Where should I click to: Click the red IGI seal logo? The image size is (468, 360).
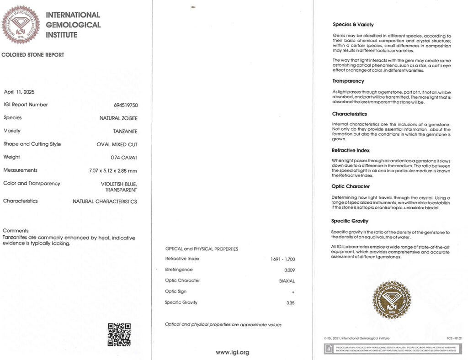click(21, 25)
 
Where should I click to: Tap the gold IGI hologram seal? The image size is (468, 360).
click(392, 299)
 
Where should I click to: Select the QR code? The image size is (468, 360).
click(119, 334)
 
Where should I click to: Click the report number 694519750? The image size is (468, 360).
click(125, 105)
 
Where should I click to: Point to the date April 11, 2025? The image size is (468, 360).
click(19, 92)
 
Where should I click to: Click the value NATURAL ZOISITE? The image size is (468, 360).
click(118, 118)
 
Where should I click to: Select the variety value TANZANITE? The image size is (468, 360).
click(125, 131)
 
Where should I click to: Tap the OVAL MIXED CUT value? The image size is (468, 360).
click(117, 144)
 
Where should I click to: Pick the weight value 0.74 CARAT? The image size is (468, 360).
click(124, 157)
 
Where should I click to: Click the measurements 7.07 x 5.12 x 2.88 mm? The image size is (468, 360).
click(113, 170)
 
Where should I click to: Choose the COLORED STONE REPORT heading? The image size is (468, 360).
click(33, 55)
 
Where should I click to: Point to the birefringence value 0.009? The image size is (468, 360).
click(289, 270)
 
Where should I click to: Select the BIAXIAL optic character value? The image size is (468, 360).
click(287, 281)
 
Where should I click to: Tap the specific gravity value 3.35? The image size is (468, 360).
click(290, 303)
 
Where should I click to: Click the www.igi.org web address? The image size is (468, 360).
click(232, 352)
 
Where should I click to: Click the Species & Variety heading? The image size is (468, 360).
click(353, 25)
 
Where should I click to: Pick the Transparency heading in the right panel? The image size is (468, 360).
click(348, 81)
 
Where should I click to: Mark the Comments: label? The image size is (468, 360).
click(16, 231)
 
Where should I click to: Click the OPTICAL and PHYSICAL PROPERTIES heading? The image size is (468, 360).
click(202, 249)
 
